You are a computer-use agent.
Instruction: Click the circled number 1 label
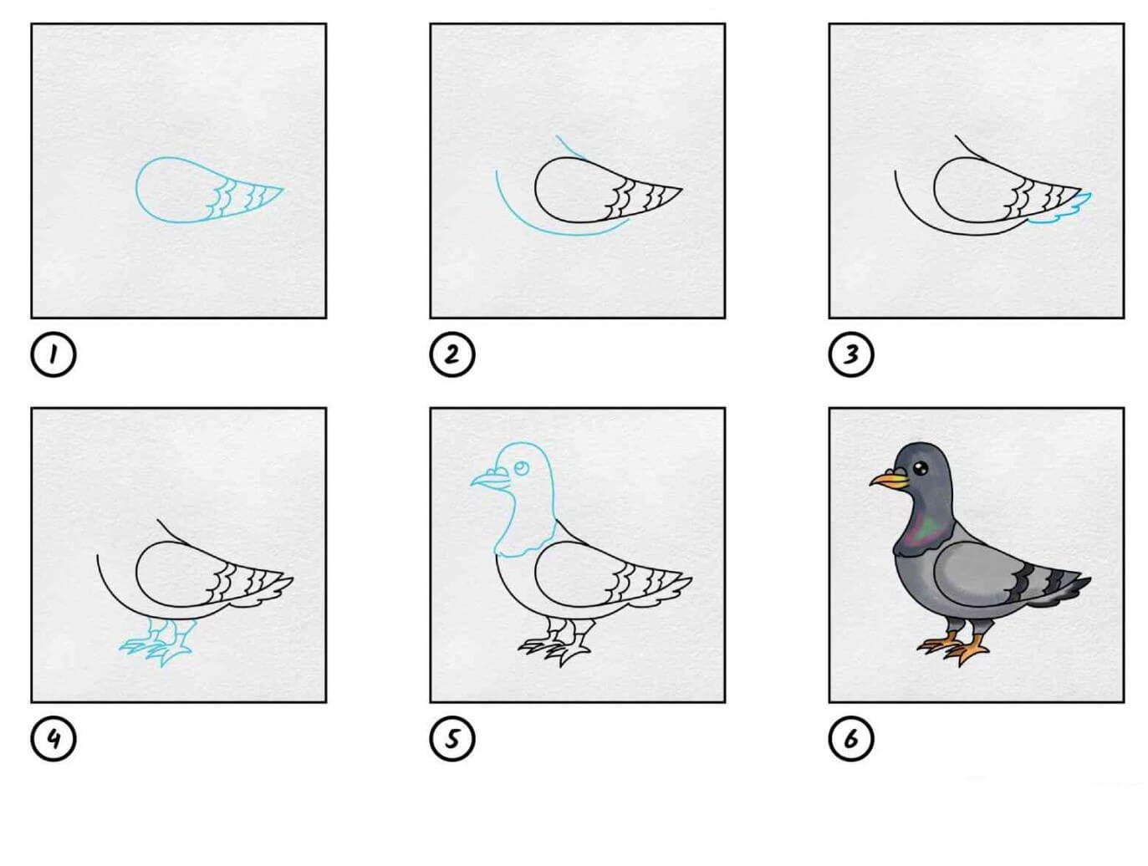[x=53, y=354]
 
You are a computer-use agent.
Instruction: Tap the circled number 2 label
[x=452, y=354]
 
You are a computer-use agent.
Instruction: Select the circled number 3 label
[x=851, y=354]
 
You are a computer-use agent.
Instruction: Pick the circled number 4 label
[x=53, y=739]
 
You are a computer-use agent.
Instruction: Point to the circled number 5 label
[x=452, y=739]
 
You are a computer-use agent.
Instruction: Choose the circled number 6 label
[x=851, y=739]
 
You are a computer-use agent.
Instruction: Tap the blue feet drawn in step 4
[x=157, y=644]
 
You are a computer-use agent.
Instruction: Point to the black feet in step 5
[x=555, y=644]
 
